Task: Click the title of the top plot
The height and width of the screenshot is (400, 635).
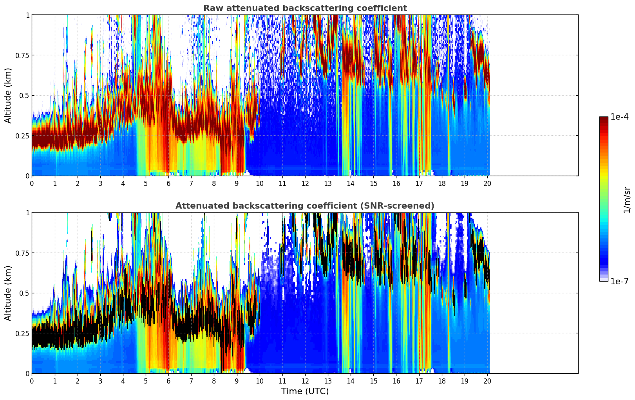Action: [x=305, y=8]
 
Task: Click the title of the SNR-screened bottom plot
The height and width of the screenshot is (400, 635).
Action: [x=305, y=206]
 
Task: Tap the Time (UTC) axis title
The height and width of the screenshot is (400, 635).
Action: [x=305, y=391]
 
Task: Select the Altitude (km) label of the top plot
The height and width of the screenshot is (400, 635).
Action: [x=8, y=95]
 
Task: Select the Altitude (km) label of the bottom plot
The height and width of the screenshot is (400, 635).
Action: [x=8, y=293]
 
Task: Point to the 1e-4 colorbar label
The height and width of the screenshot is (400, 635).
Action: [x=619, y=117]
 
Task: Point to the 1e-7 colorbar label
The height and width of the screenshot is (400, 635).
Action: [x=619, y=281]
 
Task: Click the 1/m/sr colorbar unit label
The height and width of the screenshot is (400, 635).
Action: [x=627, y=200]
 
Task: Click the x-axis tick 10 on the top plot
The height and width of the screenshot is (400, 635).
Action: [x=259, y=183]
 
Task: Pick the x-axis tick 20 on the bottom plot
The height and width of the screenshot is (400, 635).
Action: [x=487, y=381]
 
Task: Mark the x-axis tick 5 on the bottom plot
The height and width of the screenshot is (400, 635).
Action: [x=146, y=381]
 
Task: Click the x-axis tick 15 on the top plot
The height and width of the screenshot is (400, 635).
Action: [x=373, y=183]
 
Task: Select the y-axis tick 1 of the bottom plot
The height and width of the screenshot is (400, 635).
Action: [x=27, y=213]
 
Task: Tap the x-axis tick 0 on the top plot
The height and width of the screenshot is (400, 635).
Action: [x=32, y=183]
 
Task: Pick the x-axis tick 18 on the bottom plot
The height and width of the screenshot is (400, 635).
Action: [x=441, y=381]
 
